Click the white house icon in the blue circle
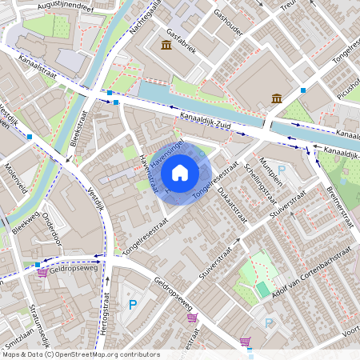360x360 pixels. click(x=180, y=172)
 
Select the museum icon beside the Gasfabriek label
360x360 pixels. click(x=166, y=45)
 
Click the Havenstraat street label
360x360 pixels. click(x=150, y=174)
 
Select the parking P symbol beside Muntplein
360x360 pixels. click(x=282, y=170)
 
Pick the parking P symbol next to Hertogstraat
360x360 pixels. click(x=132, y=304)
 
